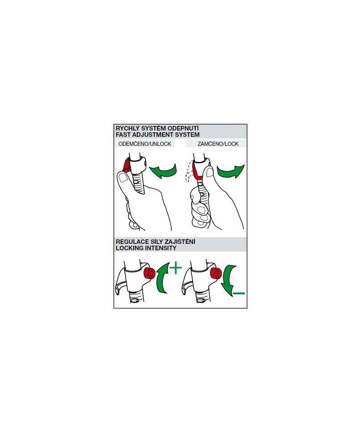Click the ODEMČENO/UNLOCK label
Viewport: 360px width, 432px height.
[145, 144]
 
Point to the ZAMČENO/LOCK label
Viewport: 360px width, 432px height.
[218, 144]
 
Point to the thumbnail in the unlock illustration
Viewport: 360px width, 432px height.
[122, 178]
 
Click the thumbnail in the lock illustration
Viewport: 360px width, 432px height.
[210, 172]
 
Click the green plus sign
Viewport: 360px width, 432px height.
[176, 268]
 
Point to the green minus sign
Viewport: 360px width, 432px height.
[238, 293]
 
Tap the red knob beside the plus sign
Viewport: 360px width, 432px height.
[149, 273]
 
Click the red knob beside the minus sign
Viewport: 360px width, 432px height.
[216, 273]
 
